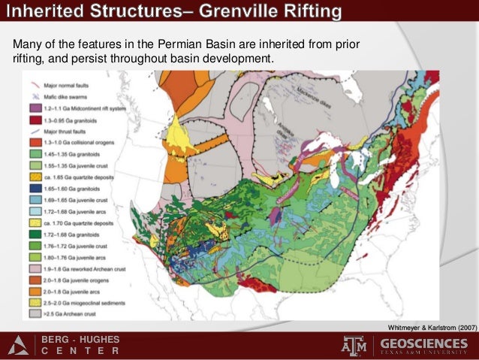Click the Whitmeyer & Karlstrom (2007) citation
(x=432, y=328)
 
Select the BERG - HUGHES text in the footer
(x=80, y=340)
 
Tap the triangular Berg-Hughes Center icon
(x=19, y=346)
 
